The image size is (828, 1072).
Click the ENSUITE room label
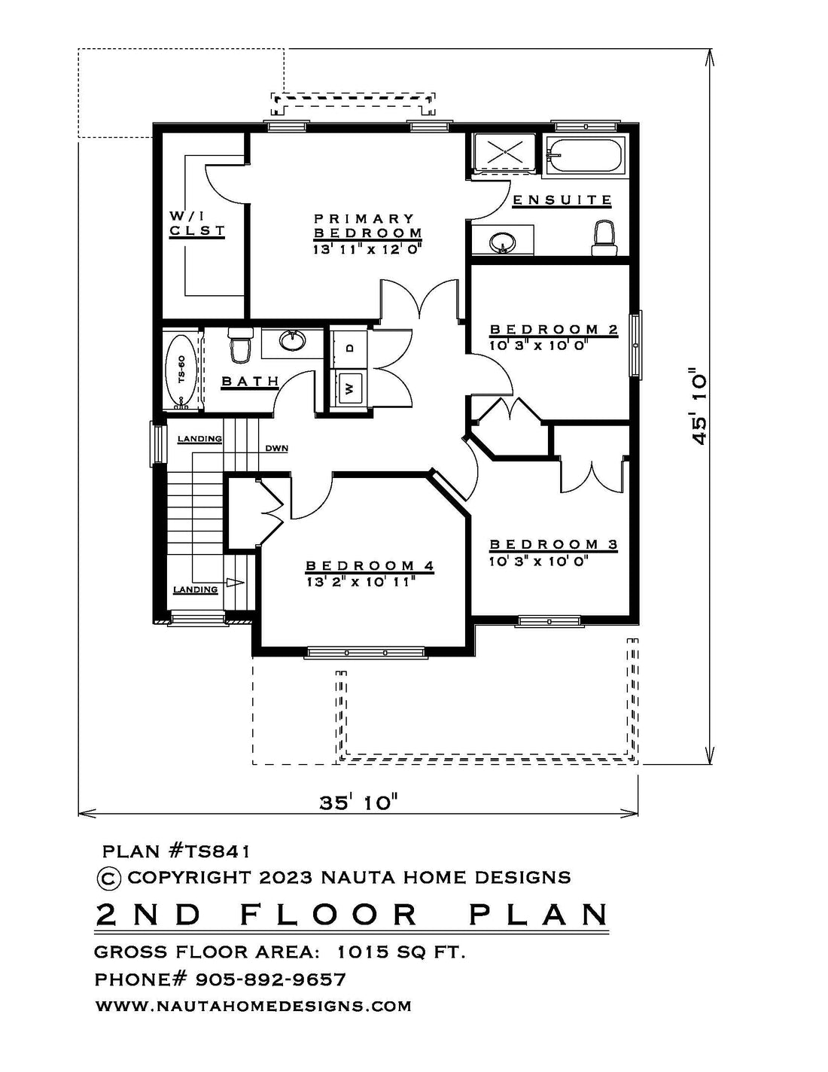pyautogui.click(x=562, y=199)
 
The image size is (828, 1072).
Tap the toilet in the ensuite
pyautogui.click(x=604, y=238)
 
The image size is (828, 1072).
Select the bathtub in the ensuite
pyautogui.click(x=585, y=156)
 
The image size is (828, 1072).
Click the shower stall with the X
pyautogui.click(x=505, y=151)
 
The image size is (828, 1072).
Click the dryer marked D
pyautogui.click(x=349, y=347)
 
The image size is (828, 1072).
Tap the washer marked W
pyautogui.click(x=349, y=388)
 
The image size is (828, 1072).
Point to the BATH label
pyautogui.click(x=250, y=381)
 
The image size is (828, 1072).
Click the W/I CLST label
pyautogui.click(x=196, y=224)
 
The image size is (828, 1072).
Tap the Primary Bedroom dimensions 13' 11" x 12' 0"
pyautogui.click(x=368, y=249)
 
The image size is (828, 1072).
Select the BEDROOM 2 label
pyautogui.click(x=554, y=329)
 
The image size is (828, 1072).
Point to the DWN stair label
pyautogui.click(x=277, y=449)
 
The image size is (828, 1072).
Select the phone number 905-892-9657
pyautogui.click(x=271, y=979)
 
